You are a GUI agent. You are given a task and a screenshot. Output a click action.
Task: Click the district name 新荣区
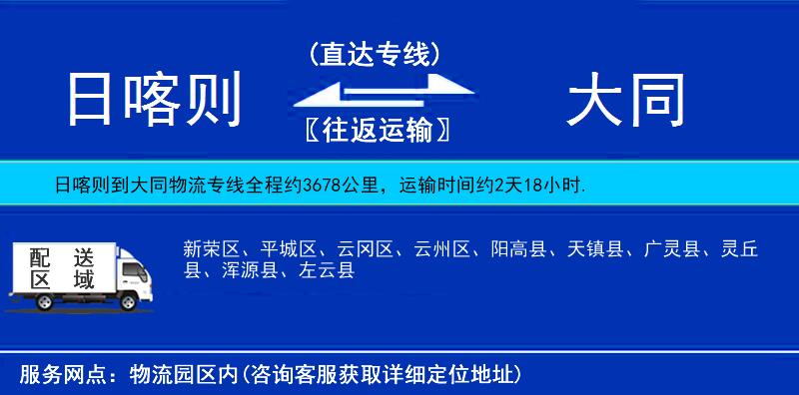click(x=206, y=248)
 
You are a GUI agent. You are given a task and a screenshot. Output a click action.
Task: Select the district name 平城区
click(x=283, y=248)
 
